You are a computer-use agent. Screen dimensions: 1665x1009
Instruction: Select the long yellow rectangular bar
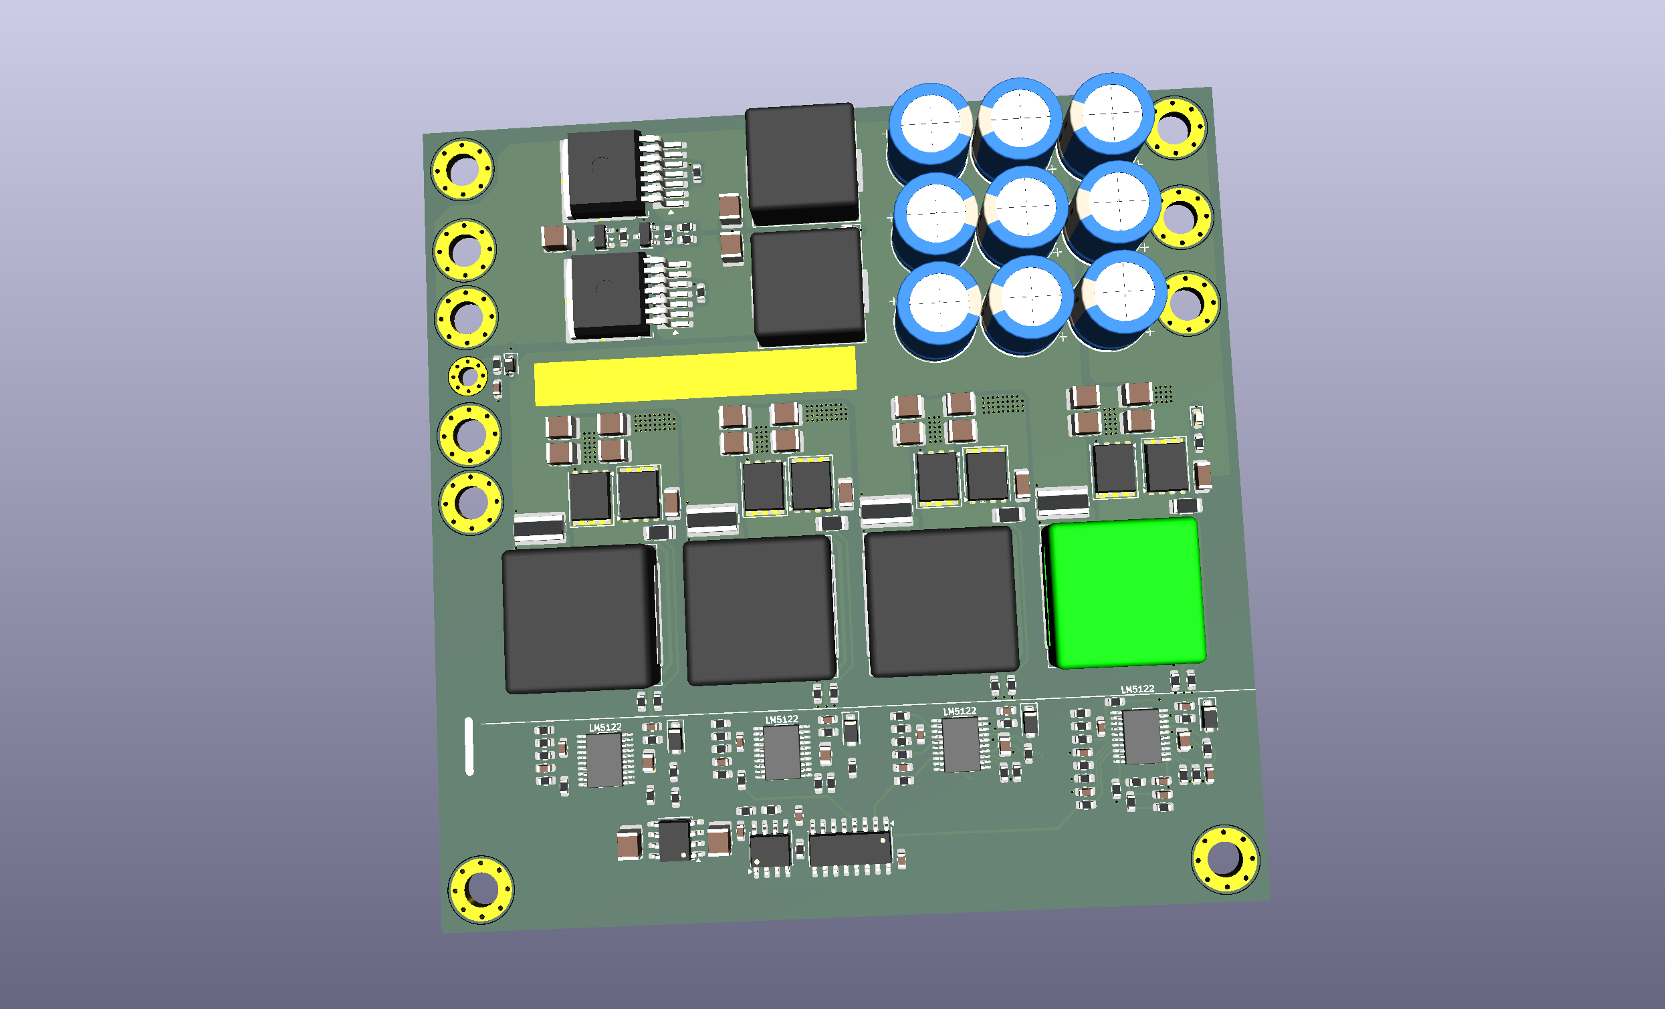tap(695, 376)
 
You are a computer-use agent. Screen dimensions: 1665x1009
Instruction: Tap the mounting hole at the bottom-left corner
tap(481, 889)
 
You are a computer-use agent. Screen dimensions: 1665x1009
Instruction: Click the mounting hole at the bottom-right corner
tap(1224, 859)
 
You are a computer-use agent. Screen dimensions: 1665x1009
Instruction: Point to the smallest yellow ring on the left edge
tap(467, 376)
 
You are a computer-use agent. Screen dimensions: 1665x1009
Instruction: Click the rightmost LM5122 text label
tap(1138, 689)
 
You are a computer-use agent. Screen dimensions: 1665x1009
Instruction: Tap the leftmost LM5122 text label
tap(604, 728)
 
